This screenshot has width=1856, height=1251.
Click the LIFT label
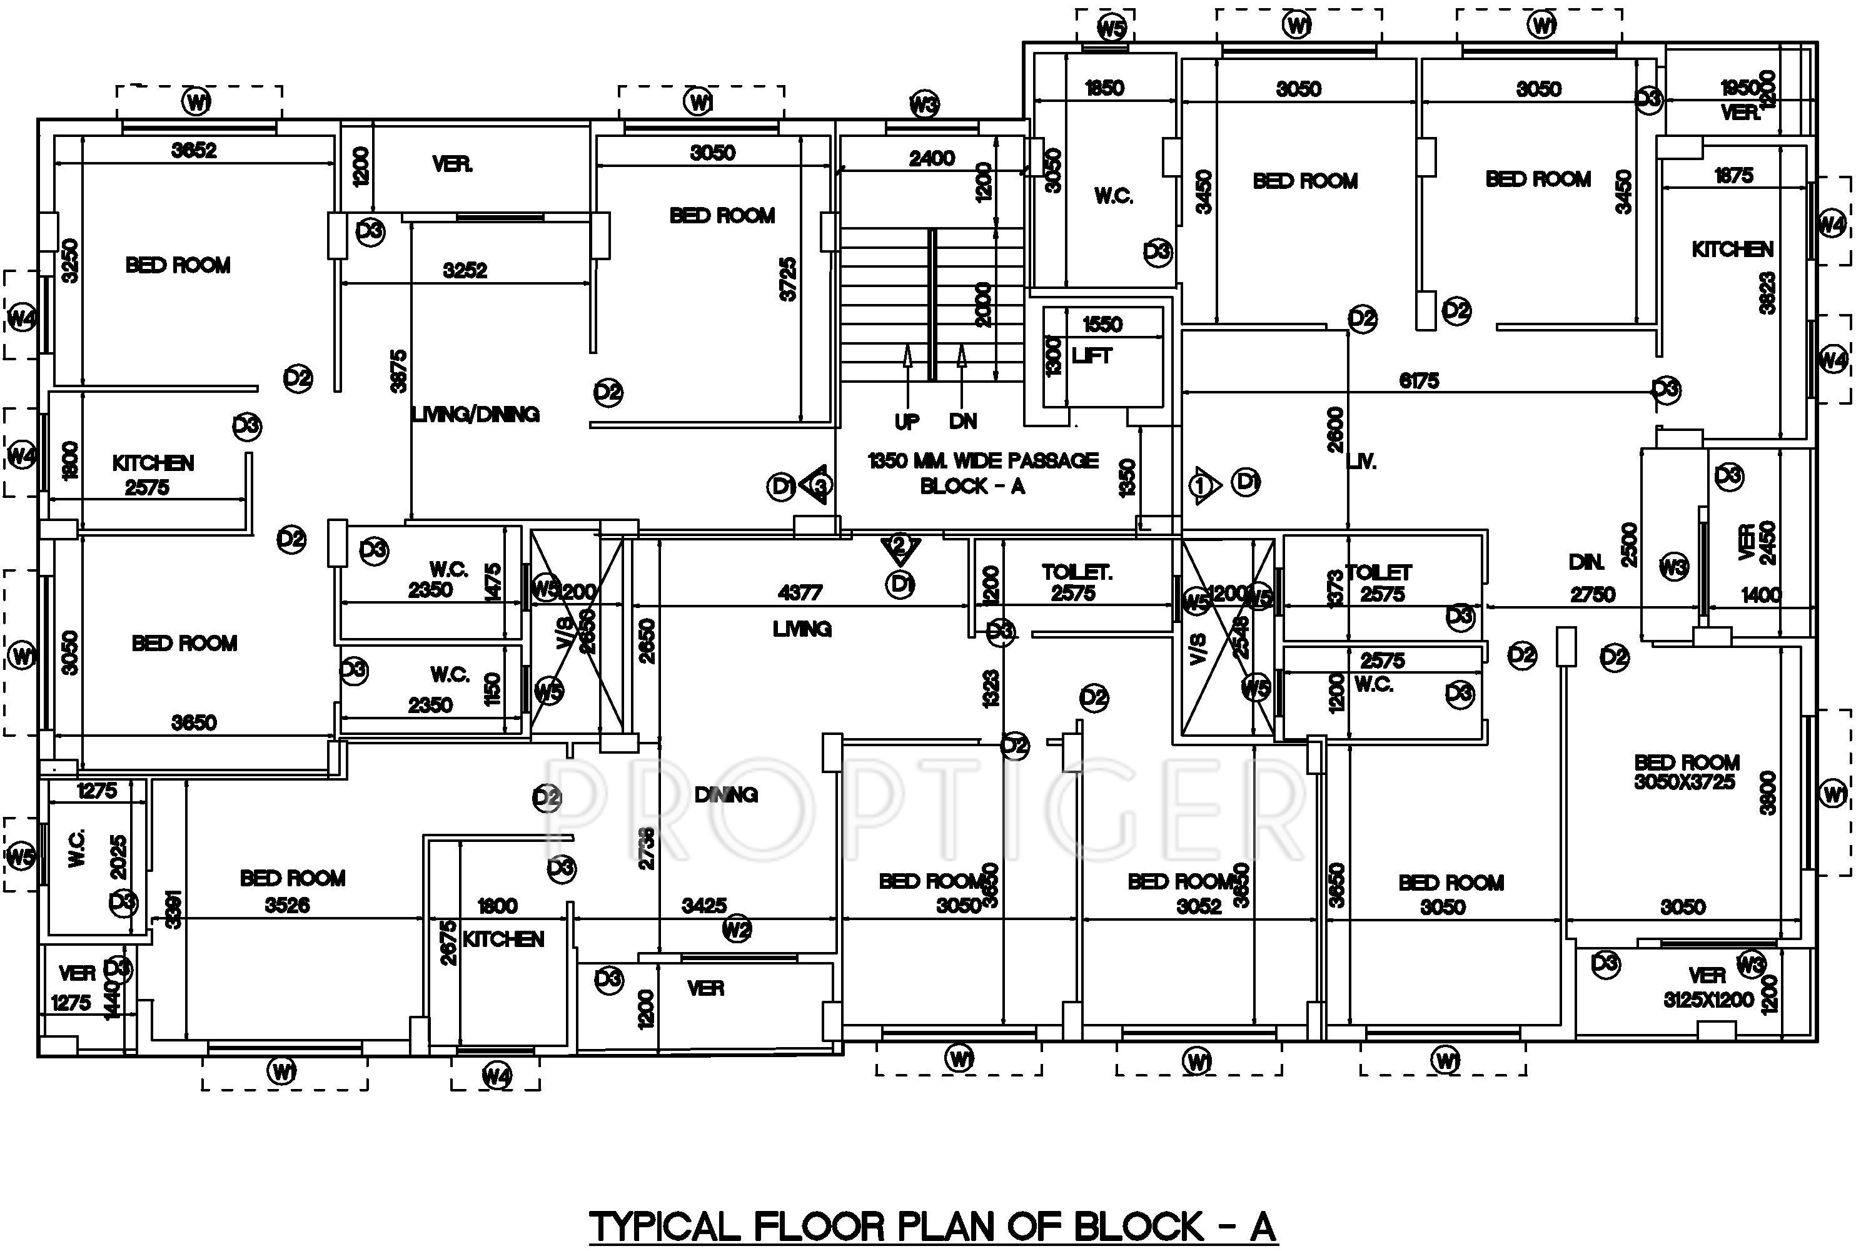1091,356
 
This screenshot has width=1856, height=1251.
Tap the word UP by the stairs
906,420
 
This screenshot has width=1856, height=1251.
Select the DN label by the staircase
962,420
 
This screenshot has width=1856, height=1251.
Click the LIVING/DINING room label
475,414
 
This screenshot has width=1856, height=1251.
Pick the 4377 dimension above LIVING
799,593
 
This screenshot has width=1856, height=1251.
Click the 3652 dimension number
194,150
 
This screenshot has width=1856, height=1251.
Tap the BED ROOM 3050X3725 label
1685,771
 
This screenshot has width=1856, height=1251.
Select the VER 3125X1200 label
1708,987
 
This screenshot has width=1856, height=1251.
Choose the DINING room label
726,794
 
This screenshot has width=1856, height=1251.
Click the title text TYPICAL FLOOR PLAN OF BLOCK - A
932,1226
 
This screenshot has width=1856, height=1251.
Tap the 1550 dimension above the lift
1102,324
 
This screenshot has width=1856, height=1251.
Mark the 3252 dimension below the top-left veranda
465,270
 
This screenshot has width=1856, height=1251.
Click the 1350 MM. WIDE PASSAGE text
982,460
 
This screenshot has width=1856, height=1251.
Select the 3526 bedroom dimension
287,904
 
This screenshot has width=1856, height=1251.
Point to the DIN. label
1586,562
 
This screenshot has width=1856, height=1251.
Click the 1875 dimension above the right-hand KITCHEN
1733,175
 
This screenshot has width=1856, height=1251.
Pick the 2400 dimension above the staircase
932,158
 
